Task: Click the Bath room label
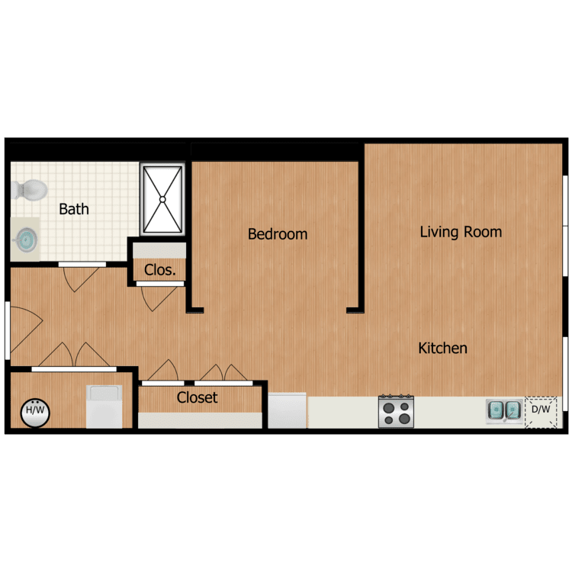point(74,209)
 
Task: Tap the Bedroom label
point(278,234)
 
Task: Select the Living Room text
point(461,232)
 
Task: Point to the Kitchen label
point(442,349)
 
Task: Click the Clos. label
point(160,270)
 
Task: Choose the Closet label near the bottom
point(197,397)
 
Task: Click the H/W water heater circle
point(34,412)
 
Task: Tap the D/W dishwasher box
point(541,410)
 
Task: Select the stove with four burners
point(396,412)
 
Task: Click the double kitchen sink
point(504,411)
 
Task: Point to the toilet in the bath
point(29,189)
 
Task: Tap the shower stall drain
point(162,200)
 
